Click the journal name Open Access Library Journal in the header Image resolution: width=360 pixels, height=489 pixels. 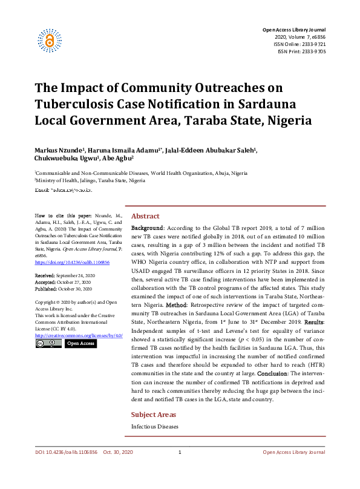[x=293, y=30]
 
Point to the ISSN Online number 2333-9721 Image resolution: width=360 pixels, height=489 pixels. [x=312, y=44]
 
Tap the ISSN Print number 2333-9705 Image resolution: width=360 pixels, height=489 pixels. [x=312, y=51]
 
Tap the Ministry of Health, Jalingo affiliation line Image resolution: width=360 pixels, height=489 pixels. [x=91, y=180]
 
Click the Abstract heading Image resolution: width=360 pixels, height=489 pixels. [x=145, y=216]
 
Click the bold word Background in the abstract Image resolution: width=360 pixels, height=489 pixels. [x=147, y=231]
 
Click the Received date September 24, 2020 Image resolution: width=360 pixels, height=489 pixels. [x=73, y=275]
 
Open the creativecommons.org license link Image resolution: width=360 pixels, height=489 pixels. [x=79, y=335]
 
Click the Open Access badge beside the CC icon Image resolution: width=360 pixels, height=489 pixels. [x=80, y=343]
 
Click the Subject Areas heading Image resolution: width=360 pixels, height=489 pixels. [x=154, y=415]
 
